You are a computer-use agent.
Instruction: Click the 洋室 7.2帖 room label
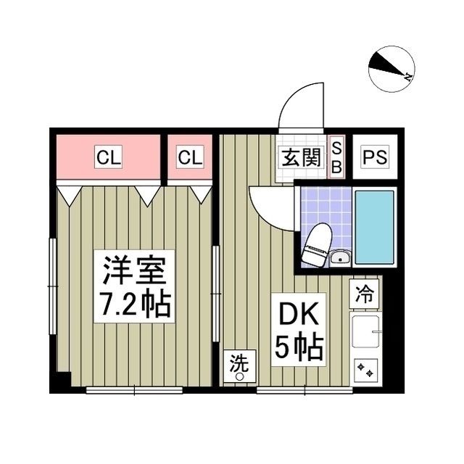(134, 286)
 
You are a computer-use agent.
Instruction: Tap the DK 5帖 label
(299, 329)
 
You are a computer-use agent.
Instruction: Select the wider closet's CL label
(108, 157)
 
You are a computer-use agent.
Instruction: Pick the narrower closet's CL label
(190, 157)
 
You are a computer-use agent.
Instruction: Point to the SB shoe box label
(336, 157)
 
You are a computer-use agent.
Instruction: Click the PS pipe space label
(375, 157)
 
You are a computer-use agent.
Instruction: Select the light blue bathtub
(374, 227)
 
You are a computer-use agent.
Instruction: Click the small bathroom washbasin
(340, 257)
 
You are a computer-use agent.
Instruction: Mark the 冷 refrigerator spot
(364, 294)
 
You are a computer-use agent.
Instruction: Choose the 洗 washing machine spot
(240, 366)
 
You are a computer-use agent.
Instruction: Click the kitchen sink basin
(365, 331)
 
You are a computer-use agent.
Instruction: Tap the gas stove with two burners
(365, 370)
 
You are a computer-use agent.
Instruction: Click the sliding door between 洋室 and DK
(217, 294)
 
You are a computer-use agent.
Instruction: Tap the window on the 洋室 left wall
(53, 286)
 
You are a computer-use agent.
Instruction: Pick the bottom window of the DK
(304, 391)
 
